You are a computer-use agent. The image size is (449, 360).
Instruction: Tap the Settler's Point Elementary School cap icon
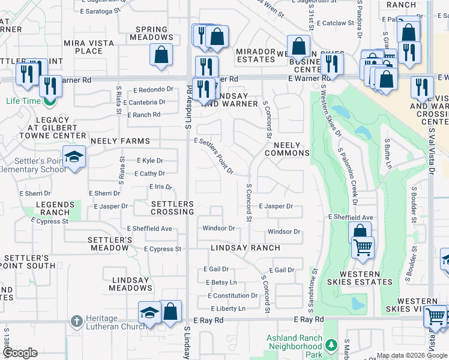(x=74, y=157)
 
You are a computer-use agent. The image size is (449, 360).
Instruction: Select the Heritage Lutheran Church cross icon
(x=76, y=321)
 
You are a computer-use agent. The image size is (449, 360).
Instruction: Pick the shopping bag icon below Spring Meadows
(x=161, y=55)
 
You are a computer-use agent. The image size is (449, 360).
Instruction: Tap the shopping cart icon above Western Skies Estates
(x=363, y=247)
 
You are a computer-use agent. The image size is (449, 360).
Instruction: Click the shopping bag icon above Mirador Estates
(x=298, y=46)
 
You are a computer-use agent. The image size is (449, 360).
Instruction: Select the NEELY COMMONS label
(x=291, y=149)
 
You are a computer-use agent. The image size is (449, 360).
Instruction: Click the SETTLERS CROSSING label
(x=164, y=208)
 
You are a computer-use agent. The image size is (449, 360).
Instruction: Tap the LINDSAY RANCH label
(x=245, y=248)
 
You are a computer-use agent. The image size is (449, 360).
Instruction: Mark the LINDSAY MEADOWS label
(x=130, y=284)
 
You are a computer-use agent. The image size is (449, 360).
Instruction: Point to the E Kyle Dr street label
(x=150, y=161)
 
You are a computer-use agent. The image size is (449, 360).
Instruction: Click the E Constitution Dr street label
(x=233, y=296)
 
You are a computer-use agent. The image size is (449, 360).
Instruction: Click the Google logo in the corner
(x=20, y=353)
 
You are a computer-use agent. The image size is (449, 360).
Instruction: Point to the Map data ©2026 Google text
(x=412, y=356)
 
